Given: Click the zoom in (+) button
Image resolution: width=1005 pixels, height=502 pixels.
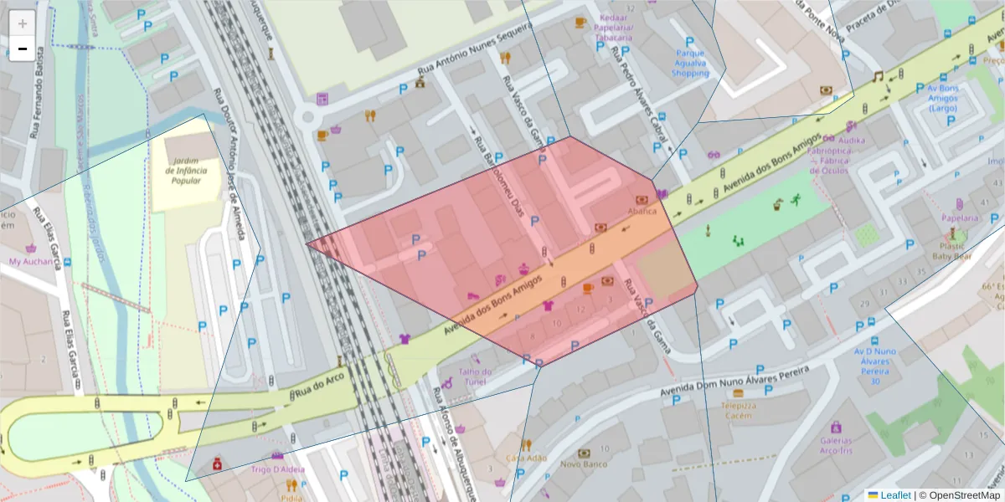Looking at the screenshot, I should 23,23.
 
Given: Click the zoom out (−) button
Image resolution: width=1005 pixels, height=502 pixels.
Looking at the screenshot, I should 23,49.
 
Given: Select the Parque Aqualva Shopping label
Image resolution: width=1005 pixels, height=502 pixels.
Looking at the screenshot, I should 690,63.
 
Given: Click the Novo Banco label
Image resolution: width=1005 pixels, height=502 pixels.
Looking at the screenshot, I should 583,464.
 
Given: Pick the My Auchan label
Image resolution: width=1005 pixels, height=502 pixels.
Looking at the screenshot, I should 32,261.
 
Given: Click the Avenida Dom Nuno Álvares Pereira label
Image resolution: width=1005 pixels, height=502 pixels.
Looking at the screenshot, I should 734,380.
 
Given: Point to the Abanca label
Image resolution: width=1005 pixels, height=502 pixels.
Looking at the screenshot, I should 642,212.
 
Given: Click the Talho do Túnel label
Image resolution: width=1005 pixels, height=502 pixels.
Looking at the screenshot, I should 475,376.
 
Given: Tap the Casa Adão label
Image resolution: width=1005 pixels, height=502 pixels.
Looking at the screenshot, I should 526,458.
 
